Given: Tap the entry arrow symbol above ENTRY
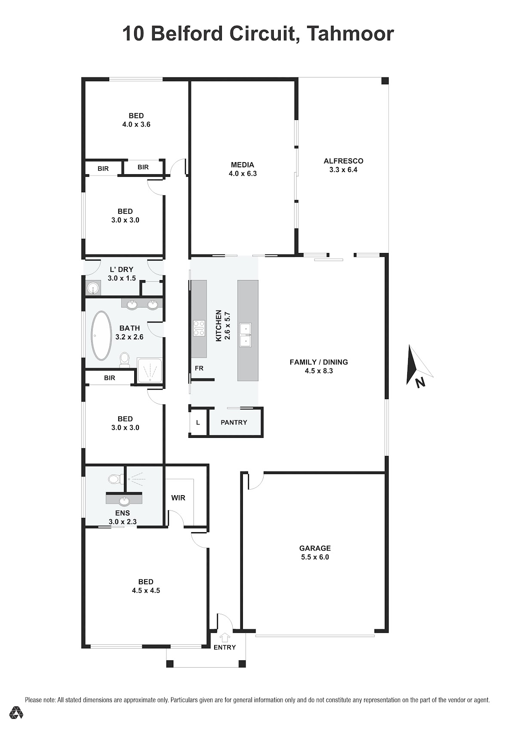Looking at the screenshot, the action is pos(224,637).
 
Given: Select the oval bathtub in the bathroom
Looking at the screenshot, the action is pos(101,336).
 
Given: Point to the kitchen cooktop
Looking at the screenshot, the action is pos(199,328).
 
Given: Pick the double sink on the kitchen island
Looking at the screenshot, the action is pos(246,335).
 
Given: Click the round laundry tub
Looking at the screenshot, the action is pos(93,289).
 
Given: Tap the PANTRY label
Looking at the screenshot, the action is pos(233,422).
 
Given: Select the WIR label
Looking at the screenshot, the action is pos(178,498).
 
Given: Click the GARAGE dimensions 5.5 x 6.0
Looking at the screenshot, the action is pos(315,557).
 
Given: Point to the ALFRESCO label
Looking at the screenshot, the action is pos(343,161).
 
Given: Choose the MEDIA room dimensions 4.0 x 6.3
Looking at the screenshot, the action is pos(243,173).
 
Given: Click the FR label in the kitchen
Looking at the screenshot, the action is pos(199,368).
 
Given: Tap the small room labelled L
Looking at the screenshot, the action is pos(198,422).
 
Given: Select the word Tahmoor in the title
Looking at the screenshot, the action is pos(350,34).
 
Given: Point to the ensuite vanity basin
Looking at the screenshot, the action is pos(124,501).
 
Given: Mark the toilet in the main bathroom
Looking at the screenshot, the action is pos(124,359).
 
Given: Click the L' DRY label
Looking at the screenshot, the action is pos(121,269).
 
